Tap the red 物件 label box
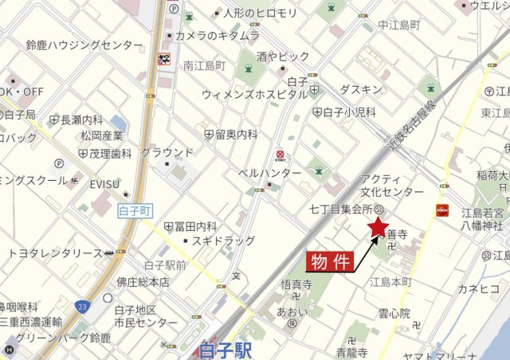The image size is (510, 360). coord(330,262)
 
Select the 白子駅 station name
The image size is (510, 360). coord(226,349)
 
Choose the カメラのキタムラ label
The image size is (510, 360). coord(217,36)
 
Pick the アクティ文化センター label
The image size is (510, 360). coord(393,186)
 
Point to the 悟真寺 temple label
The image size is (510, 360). coord(296,284)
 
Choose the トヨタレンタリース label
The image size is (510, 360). coord(55,253)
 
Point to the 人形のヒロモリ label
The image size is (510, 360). coord(260,13)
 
